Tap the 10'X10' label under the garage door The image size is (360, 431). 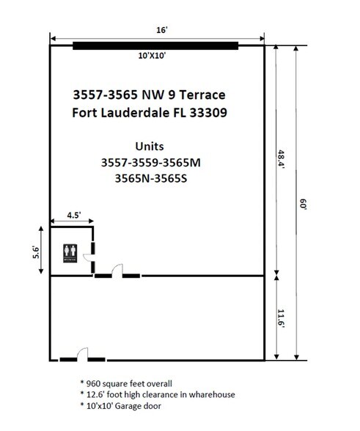[x=155, y=56]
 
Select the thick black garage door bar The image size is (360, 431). [x=155, y=45]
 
